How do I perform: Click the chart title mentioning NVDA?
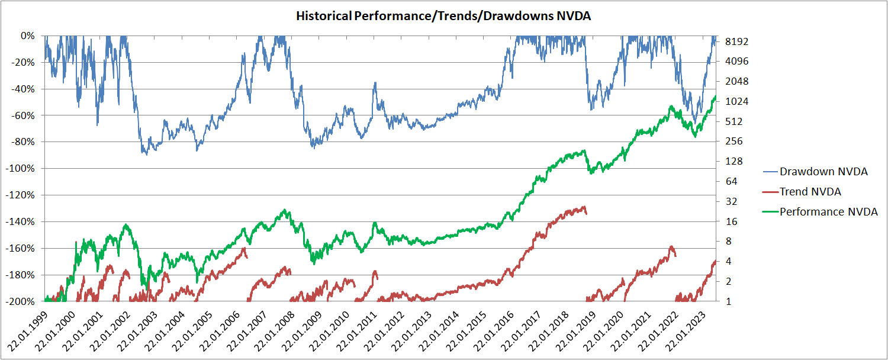pyautogui.click(x=443, y=16)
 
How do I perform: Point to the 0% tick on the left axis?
pyautogui.click(x=28, y=36)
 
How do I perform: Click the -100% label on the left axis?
pyautogui.click(x=20, y=169)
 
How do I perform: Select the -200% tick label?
pyautogui.click(x=20, y=301)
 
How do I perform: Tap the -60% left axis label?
pyautogui.click(x=22, y=115)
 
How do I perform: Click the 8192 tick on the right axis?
pyautogui.click(x=736, y=41)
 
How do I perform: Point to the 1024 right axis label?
pyautogui.click(x=736, y=101)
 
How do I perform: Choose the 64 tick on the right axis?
pyautogui.click(x=731, y=181)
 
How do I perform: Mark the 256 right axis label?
pyautogui.click(x=734, y=141)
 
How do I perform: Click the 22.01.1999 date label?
pyautogui.click(x=28, y=330)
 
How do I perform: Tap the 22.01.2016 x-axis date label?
pyautogui.click(x=494, y=330)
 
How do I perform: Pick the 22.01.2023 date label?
pyautogui.click(x=686, y=330)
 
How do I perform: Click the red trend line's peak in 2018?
pyautogui.click(x=584, y=207)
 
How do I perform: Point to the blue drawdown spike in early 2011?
pyautogui.click(x=375, y=83)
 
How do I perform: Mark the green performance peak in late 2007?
pyautogui.click(x=285, y=210)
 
